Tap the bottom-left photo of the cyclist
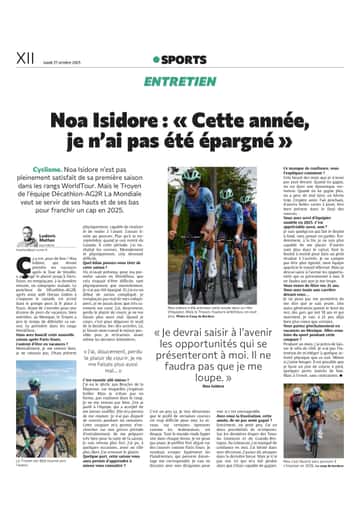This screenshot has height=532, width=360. (x=58, y=461)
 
